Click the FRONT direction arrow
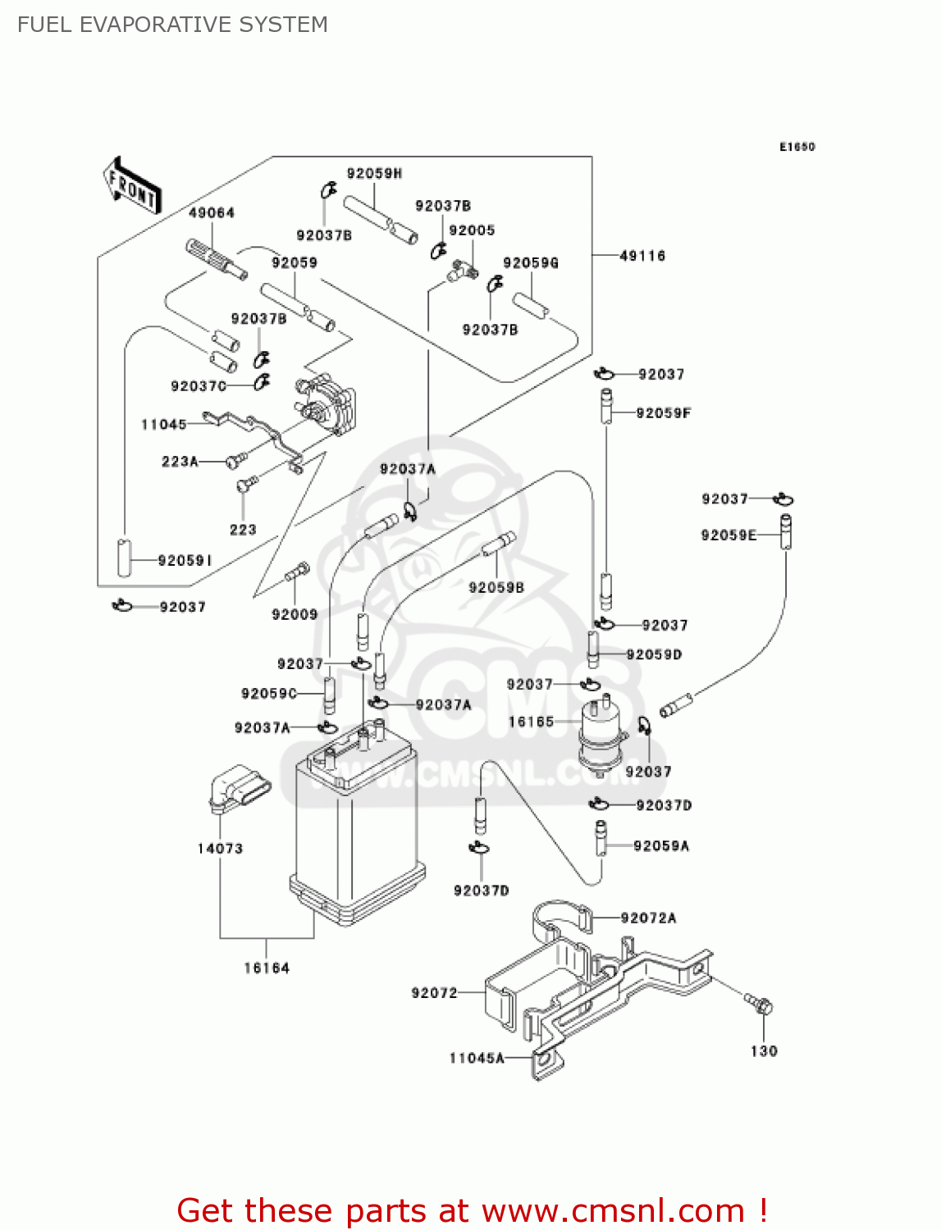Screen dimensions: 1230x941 [131, 186]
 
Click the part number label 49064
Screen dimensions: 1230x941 [212, 213]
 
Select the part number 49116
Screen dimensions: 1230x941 [642, 256]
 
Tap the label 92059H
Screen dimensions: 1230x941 [374, 174]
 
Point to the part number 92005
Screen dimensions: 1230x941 [472, 231]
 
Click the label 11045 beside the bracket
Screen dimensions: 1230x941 [164, 425]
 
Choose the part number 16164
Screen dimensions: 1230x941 [267, 968]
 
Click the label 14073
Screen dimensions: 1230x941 [220, 849]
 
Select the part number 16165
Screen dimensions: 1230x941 [531, 722]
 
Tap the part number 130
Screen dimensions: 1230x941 [764, 1051]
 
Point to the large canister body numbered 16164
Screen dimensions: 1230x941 [357, 828]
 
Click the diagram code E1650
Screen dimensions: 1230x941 [797, 147]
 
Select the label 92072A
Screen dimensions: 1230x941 [648, 918]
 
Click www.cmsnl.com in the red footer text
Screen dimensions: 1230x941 [613, 1210]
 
